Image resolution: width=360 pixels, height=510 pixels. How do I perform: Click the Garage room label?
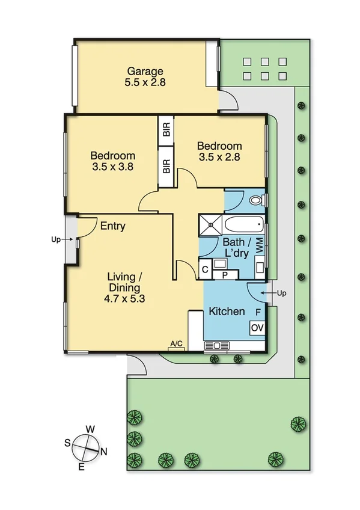pos(144,72)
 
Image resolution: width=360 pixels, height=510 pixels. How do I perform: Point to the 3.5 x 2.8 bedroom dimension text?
pos(219,158)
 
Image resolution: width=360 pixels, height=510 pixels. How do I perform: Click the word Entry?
pos(113,226)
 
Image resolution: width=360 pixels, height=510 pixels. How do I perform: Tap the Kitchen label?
pos(227,312)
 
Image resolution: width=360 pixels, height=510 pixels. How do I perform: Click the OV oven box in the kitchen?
pos(257,328)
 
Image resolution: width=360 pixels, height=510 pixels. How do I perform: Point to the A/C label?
pos(176,343)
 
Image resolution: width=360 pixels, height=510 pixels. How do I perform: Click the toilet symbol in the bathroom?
pos(257,200)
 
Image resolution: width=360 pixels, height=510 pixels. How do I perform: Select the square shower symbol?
pos(211,226)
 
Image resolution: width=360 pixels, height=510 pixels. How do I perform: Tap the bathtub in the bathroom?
pos(244,227)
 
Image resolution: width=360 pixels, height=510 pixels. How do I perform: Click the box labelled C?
pos(205,270)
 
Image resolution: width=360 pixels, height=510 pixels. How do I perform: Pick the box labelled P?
pos(225,274)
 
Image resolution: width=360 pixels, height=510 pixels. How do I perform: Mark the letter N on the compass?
pos(104,452)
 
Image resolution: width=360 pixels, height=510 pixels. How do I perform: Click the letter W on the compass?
pos(90,429)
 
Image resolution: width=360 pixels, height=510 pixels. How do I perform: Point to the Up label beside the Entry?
pos(56,239)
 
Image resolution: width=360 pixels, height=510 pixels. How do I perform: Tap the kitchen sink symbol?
pos(215,345)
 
